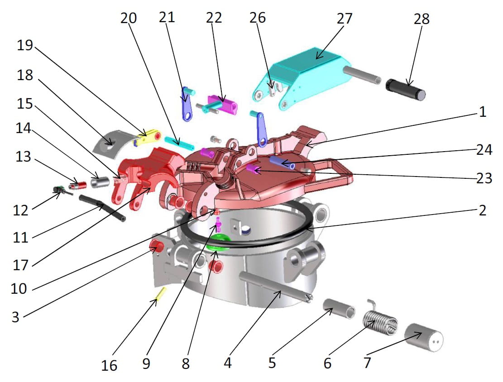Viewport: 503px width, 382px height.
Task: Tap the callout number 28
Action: click(421, 19)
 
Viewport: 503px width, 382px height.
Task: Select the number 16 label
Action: click(110, 364)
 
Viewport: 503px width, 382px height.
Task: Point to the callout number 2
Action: click(482, 210)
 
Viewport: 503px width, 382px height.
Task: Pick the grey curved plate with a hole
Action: click(110, 142)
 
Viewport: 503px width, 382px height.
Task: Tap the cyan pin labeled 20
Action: click(179, 143)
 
